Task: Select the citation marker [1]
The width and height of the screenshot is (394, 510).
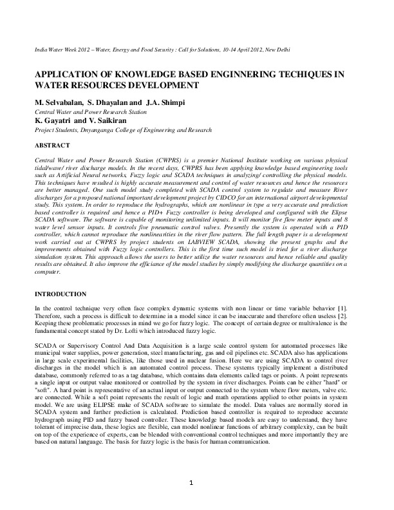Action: click(x=352, y=310)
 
